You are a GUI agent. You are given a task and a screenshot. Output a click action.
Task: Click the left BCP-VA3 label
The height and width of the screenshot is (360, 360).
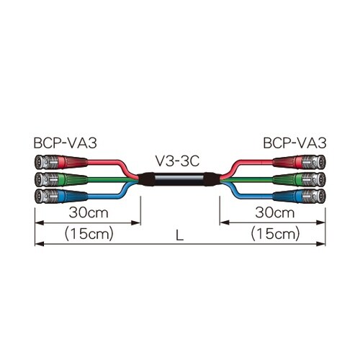tap(65, 143)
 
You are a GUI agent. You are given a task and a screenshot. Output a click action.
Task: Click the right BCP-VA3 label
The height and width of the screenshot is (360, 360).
tap(294, 143)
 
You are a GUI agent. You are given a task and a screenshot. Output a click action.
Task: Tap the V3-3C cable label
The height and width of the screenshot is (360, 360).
tap(178, 161)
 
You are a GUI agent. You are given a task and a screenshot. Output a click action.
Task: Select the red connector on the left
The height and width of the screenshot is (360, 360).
tap(61, 162)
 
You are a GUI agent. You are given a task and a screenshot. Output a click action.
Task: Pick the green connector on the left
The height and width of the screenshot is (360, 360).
tap(61, 179)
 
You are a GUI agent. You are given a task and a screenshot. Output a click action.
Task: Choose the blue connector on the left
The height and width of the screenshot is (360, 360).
tap(61, 197)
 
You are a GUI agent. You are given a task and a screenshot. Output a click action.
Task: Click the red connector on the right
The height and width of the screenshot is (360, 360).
tap(299, 162)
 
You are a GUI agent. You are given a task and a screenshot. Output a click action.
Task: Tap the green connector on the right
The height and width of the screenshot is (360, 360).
tap(299, 179)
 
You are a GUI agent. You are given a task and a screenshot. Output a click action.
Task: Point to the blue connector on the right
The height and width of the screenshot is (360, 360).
tap(299, 197)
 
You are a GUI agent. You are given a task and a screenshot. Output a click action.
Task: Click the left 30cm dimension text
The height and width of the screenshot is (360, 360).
tap(89, 212)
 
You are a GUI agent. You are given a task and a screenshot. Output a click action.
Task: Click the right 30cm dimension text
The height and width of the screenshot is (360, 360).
tap(275, 212)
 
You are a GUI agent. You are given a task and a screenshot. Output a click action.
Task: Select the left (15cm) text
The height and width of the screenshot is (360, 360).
tap(89, 234)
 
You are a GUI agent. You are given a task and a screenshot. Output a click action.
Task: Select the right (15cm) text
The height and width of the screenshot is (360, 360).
tap(275, 234)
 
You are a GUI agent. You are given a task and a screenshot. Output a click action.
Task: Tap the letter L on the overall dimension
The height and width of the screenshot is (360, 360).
tap(179, 235)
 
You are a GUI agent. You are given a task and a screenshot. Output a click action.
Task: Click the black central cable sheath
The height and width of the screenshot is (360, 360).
tap(180, 179)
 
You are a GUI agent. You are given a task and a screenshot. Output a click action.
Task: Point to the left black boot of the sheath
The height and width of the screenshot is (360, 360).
tap(147, 179)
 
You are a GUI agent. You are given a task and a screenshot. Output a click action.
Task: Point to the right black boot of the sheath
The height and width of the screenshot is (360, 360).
tap(213, 179)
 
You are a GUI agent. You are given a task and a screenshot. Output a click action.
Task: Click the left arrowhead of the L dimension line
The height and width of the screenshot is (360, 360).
tap(39, 244)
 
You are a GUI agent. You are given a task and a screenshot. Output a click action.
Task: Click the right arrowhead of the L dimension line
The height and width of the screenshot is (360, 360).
tap(321, 244)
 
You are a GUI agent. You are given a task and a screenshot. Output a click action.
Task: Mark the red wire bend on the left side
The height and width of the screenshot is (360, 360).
tap(126, 168)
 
